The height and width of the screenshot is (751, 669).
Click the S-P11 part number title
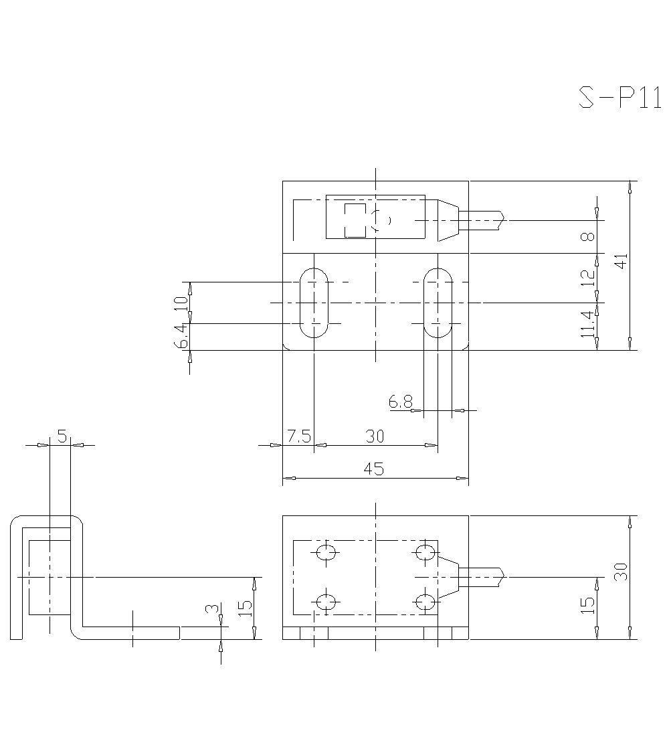619,98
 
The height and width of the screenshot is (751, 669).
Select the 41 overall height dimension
622,261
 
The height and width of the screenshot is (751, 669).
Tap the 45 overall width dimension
374,469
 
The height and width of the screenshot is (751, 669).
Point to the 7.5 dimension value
298,436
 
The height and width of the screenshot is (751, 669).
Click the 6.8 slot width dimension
400,402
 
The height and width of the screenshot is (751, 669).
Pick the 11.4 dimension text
587,324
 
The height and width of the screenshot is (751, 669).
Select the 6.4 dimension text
181,335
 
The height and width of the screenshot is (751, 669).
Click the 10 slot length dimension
181,302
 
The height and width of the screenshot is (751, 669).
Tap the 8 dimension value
587,238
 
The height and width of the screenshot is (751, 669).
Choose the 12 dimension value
587,277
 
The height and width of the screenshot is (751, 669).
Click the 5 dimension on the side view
62,437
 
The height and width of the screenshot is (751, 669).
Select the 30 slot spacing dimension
375,436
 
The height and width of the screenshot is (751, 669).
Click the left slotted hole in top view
313,303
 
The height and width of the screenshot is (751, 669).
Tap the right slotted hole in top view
438,303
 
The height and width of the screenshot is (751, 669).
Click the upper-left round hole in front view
326,552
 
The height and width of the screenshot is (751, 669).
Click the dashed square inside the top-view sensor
355,220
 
